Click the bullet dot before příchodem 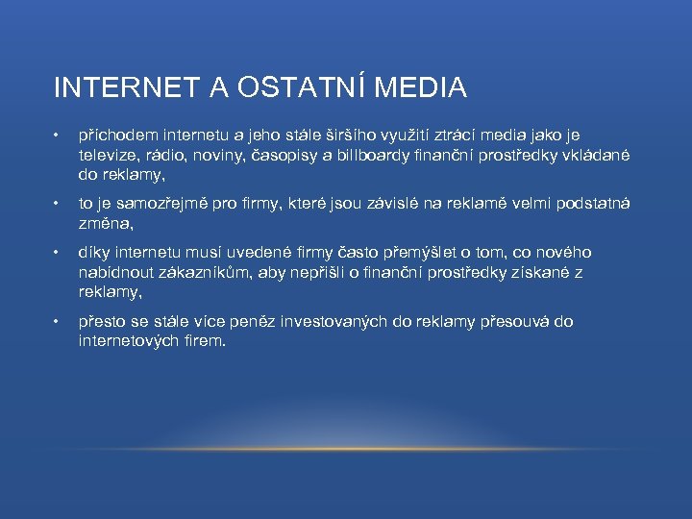58,136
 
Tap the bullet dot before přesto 58,321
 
